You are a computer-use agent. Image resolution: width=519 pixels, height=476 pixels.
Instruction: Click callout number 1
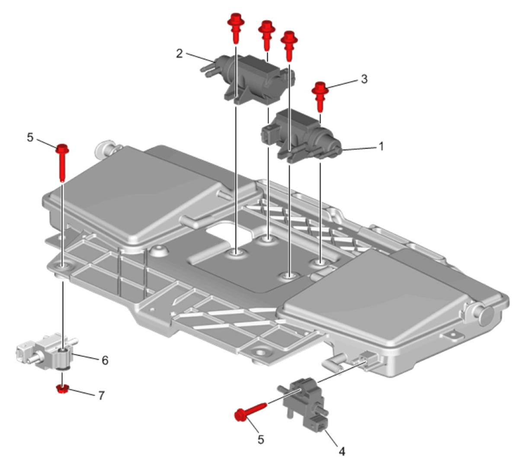(x=381, y=147)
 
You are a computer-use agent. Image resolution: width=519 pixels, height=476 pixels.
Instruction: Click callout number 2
(x=179, y=54)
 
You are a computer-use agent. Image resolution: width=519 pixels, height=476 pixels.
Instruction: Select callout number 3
(x=364, y=79)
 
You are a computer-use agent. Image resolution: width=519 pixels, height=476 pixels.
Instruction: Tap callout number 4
(x=342, y=452)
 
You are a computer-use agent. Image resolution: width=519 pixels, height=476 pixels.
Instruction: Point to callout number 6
(x=105, y=360)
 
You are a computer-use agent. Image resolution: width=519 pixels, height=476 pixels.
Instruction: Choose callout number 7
(x=101, y=396)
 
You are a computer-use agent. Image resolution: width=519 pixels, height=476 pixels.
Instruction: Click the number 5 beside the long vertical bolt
(x=30, y=138)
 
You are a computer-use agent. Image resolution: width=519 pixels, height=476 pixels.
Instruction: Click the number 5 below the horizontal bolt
(x=260, y=440)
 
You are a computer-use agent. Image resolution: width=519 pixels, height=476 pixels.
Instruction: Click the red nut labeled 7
(x=61, y=389)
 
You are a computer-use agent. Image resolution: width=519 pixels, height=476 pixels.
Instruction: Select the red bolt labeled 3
(x=320, y=97)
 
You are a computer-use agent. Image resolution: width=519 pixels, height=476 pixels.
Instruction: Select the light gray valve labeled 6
(x=45, y=353)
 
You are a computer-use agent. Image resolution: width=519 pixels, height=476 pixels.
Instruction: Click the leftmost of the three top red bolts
(x=236, y=28)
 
